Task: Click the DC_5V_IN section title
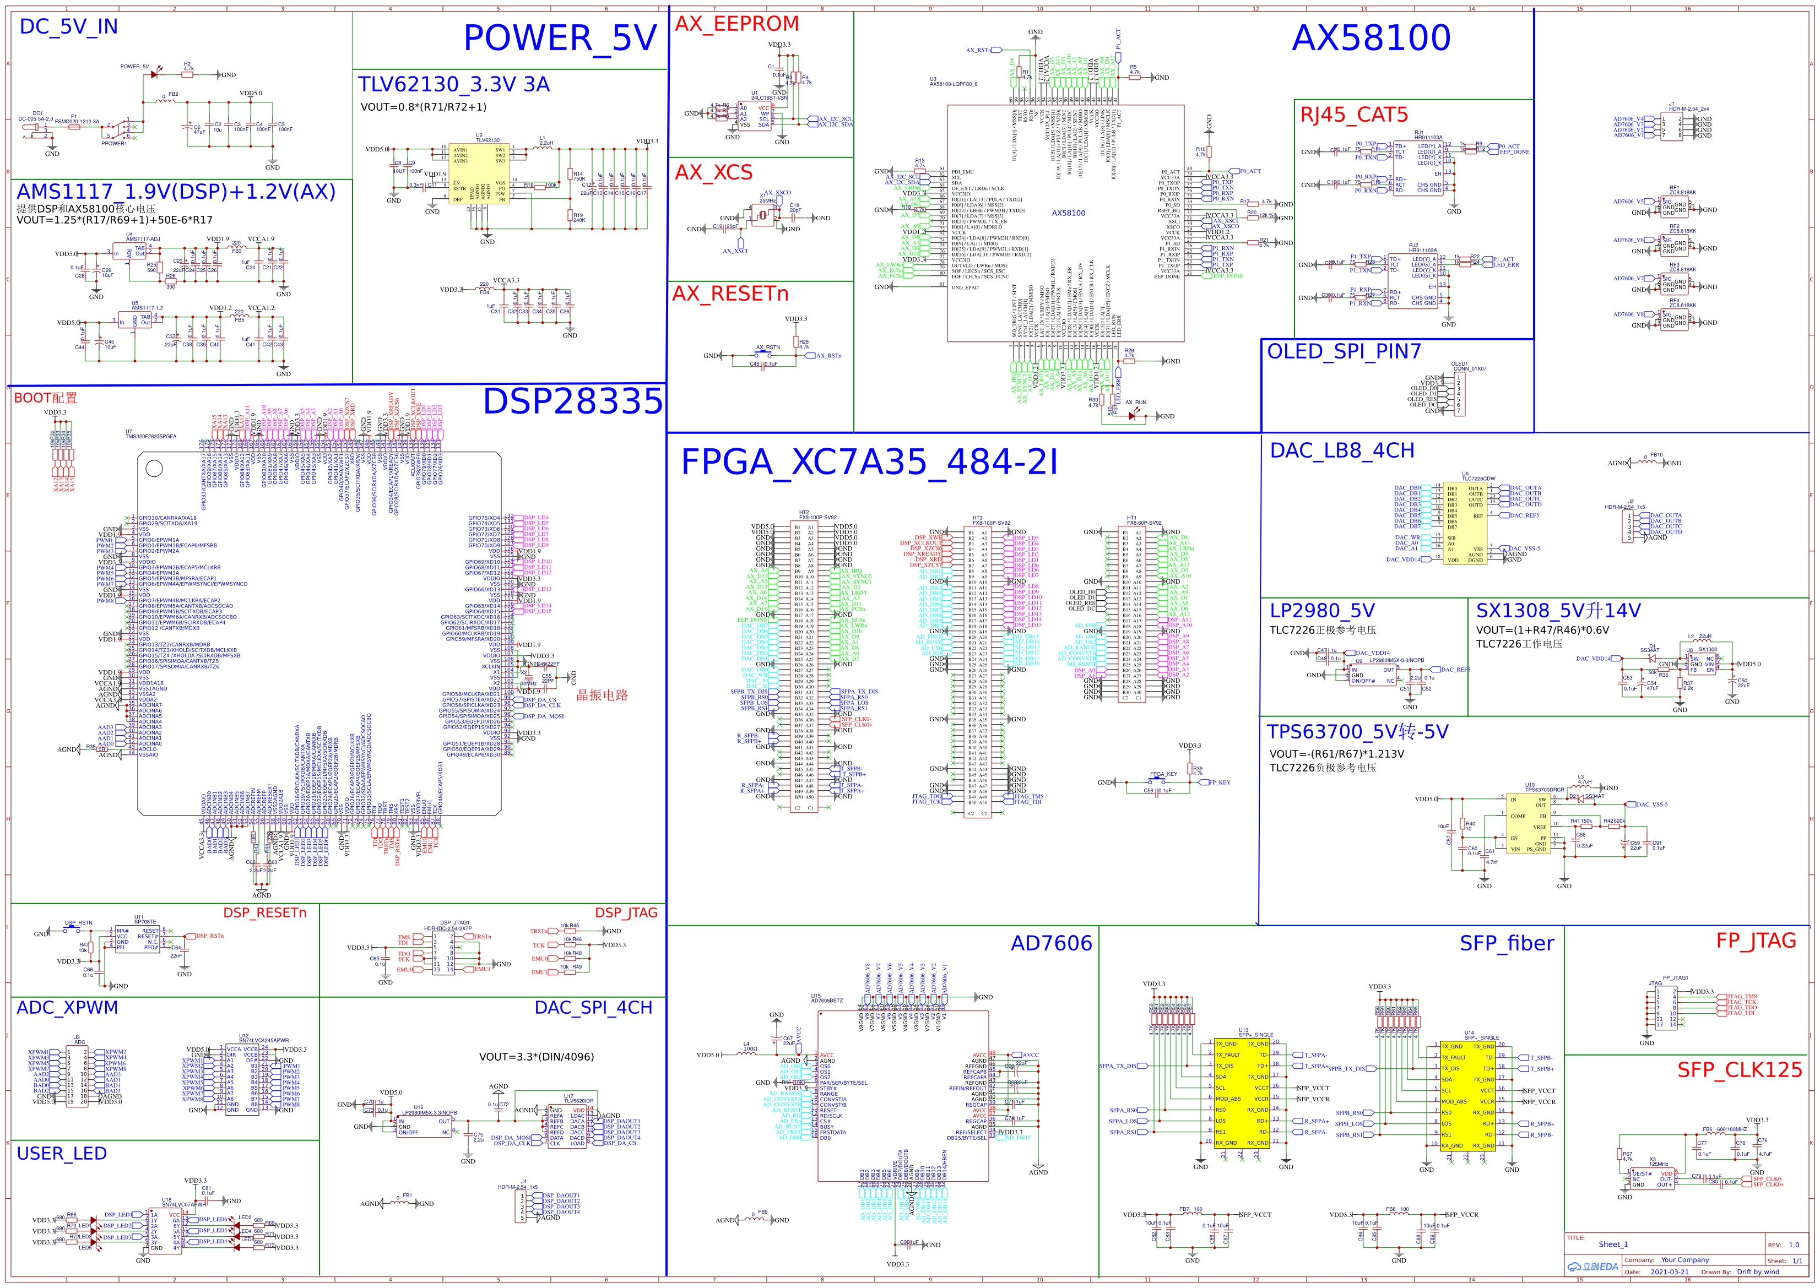click(68, 27)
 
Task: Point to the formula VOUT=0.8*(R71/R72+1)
click(424, 107)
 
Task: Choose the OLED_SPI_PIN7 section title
click(1344, 351)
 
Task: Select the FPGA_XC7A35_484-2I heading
click(870, 461)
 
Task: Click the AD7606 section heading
click(1050, 943)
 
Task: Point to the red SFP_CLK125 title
click(1739, 1070)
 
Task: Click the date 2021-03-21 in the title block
click(1669, 1272)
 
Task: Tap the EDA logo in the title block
click(1592, 1267)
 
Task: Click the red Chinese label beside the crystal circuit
click(602, 695)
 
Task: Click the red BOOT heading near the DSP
click(45, 398)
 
